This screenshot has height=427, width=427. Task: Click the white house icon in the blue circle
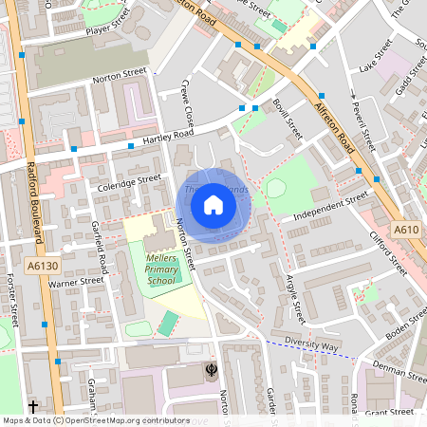tap(213, 205)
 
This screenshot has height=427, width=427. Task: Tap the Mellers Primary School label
tap(160, 269)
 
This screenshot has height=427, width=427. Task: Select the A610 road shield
tap(405, 230)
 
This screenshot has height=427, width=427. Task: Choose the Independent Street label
tap(330, 206)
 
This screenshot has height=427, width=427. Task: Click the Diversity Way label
tap(312, 346)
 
